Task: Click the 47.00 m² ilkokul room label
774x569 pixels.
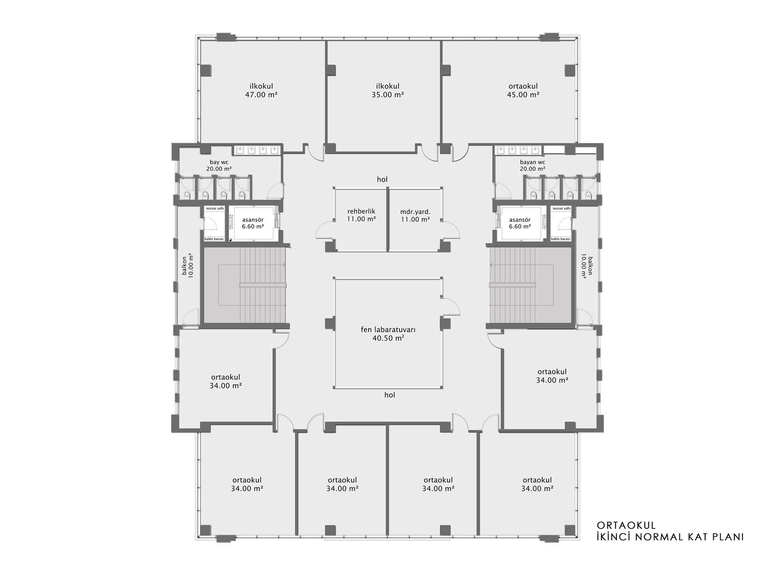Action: point(262,90)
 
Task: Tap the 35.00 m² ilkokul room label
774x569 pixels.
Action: point(388,90)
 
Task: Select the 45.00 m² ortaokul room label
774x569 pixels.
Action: point(523,90)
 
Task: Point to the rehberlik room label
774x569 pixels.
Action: point(361,215)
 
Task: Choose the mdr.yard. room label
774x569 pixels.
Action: point(415,215)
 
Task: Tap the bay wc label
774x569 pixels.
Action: point(219,165)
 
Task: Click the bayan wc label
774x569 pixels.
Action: point(533,165)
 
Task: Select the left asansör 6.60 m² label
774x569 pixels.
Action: point(253,223)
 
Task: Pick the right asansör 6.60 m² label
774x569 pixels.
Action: point(520,223)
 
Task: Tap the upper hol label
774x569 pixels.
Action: point(382,179)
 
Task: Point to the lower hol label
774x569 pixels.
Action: point(390,395)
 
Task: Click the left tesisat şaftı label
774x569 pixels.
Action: point(215,208)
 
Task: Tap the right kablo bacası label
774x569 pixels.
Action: point(561,239)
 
